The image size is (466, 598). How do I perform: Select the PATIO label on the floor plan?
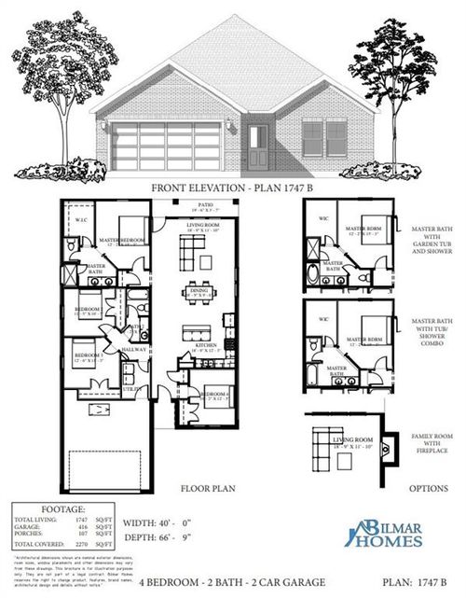[x=205, y=204]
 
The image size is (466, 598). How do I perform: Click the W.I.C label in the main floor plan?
[x=81, y=220]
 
